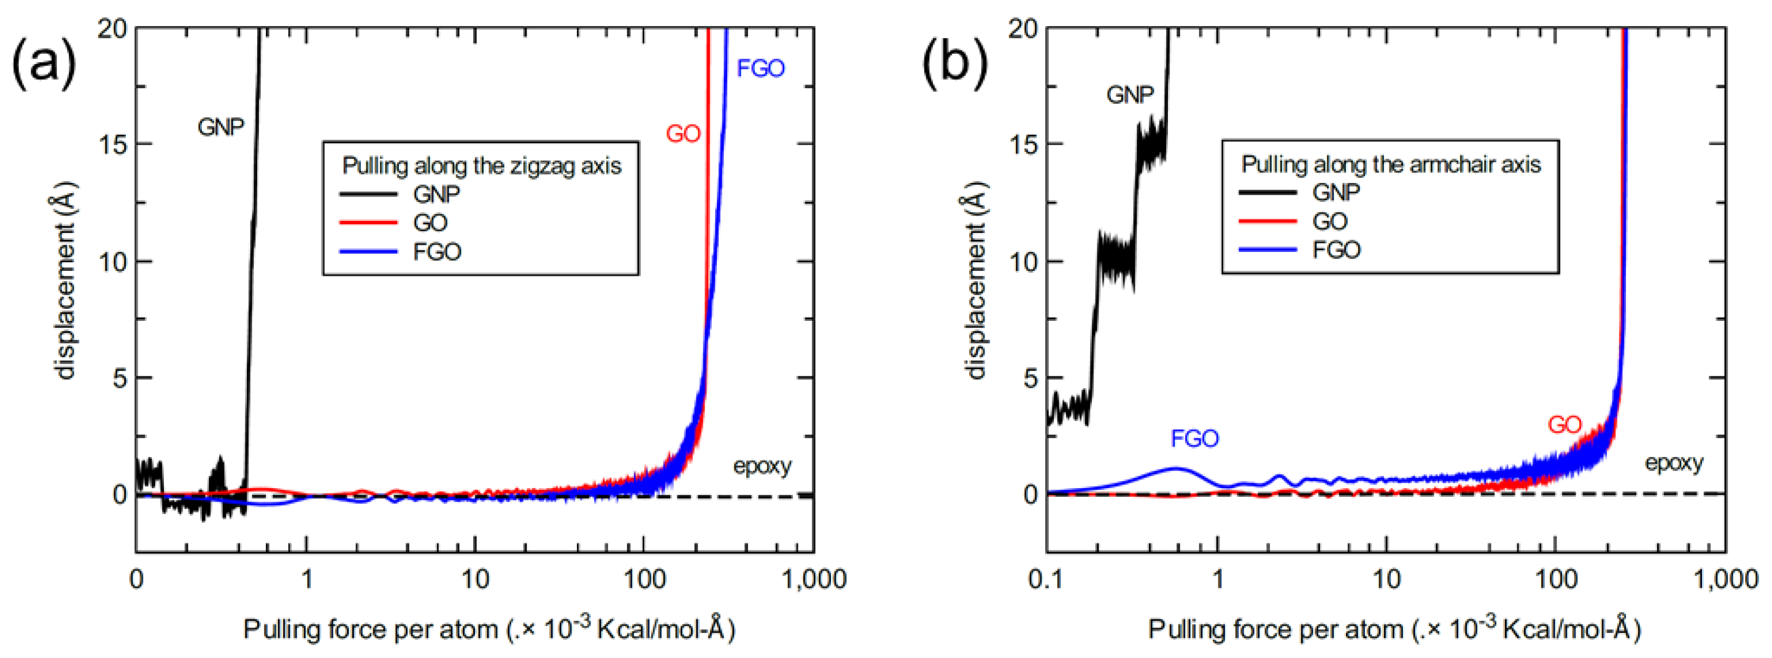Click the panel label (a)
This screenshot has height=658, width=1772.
(43, 64)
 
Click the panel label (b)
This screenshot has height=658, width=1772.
(954, 64)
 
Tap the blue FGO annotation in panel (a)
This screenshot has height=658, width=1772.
(760, 68)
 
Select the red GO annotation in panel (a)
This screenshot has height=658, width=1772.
(682, 134)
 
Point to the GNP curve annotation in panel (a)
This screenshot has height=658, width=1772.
(220, 128)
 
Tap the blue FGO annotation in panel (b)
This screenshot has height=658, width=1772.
(1194, 439)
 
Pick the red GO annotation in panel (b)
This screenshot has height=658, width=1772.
(1564, 425)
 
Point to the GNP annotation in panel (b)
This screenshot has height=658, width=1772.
(1129, 94)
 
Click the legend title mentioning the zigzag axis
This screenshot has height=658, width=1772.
(481, 166)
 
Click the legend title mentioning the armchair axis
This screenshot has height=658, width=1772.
(1390, 164)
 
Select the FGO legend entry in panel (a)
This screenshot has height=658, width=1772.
(436, 252)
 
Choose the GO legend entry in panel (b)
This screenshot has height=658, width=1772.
(1329, 222)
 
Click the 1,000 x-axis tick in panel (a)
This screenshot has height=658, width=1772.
(814, 579)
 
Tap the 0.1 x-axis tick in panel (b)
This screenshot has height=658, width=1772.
(1046, 579)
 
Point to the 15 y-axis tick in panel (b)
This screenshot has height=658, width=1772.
(1024, 144)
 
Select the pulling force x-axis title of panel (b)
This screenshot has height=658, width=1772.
(1394, 629)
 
